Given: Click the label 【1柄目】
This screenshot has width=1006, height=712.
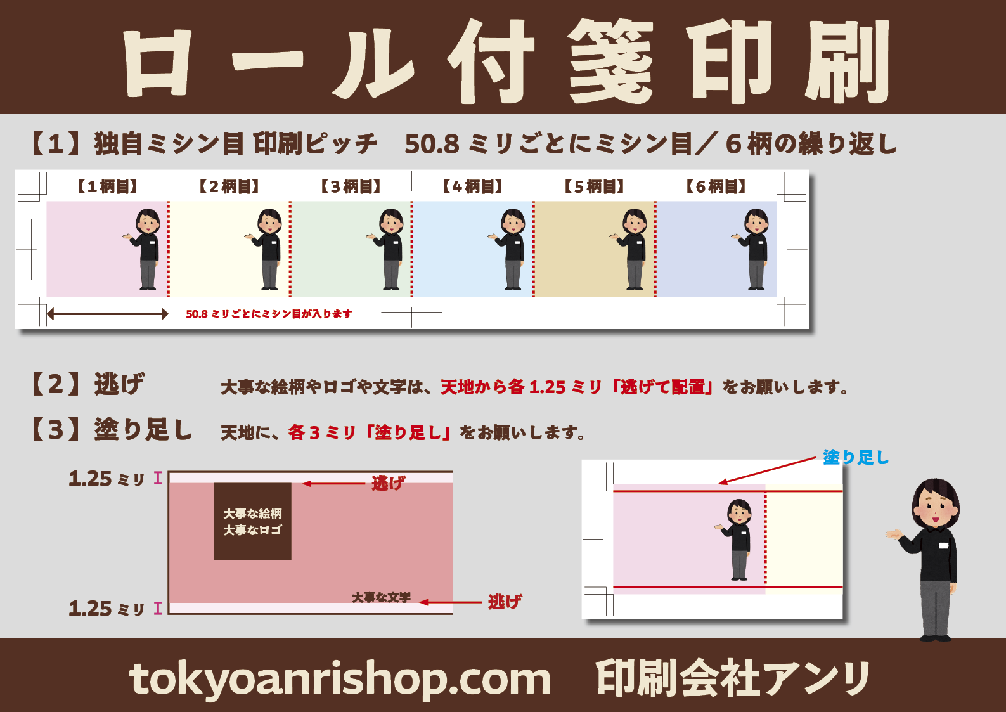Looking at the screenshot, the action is [107, 186].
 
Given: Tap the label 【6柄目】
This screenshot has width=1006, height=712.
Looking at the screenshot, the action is [716, 186].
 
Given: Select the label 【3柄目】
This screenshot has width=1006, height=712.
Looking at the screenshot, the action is [351, 186].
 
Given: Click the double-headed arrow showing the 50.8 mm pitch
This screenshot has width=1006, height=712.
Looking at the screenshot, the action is [107, 314].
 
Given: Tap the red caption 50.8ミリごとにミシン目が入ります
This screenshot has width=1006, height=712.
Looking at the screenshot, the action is [269, 314].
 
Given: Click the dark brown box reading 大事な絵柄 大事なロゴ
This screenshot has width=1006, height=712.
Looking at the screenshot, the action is [252, 522].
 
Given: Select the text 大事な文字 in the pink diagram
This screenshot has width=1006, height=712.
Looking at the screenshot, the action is [382, 597].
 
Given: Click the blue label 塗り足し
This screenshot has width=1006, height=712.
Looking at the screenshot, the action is [856, 457].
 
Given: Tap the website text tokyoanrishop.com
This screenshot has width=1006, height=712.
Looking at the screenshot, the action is [340, 680].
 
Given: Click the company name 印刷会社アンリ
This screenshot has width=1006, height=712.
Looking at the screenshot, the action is [733, 678].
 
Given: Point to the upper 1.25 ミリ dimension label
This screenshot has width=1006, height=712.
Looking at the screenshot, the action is [106, 479].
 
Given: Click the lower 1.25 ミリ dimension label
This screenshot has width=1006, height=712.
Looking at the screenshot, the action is [106, 609].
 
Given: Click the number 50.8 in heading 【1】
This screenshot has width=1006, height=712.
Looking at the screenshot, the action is [432, 145].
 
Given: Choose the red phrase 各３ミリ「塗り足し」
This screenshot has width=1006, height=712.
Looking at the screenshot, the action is [369, 432].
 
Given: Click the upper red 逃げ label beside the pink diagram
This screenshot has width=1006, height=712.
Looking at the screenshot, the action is [388, 483].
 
